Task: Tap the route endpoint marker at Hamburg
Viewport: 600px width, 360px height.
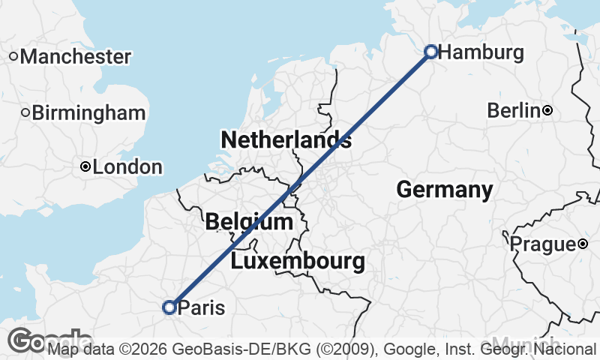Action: point(431,51)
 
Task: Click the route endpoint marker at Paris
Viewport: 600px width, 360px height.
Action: point(169,307)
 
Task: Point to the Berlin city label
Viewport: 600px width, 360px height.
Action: point(514,111)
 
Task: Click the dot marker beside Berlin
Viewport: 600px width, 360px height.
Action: point(547,111)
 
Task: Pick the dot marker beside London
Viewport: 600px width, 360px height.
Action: point(86,166)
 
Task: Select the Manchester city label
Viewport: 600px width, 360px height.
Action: point(76,56)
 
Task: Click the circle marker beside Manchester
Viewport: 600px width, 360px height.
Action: point(13,56)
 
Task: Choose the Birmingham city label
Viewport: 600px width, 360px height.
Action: point(89,113)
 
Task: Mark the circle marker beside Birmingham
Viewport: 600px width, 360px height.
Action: point(25,113)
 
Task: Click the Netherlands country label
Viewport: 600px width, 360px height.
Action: point(286,139)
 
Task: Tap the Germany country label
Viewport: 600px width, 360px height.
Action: point(445,190)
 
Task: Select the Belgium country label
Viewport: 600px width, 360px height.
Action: point(249,222)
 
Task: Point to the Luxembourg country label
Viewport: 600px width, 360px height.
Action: point(298,262)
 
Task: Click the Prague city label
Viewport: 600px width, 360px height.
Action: point(542,244)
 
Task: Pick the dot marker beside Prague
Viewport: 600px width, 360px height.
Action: point(583,244)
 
